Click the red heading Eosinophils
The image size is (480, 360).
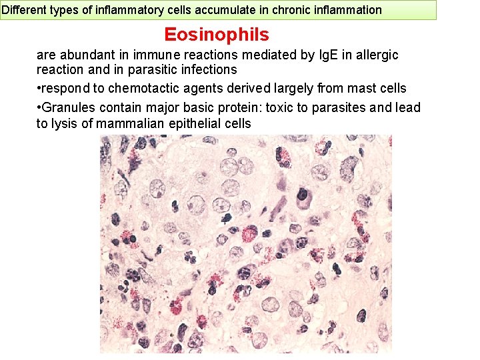217,35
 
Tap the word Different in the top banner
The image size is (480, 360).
23,10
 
